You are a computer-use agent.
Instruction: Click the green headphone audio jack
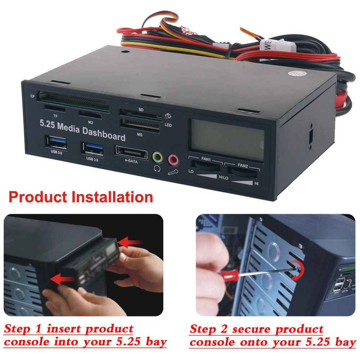pyautogui.click(x=158, y=157)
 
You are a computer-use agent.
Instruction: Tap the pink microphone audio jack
pyautogui.click(x=173, y=160)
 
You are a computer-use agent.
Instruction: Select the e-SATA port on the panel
pyautogui.click(x=131, y=152)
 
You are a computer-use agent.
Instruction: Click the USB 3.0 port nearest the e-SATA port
pyautogui.click(x=93, y=149)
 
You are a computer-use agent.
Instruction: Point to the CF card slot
pyautogui.click(x=73, y=101)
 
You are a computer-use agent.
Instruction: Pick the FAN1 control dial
pyautogui.click(x=206, y=166)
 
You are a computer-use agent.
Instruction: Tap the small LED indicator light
pyautogui.click(x=168, y=116)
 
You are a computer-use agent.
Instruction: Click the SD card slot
pyautogui.click(x=140, y=114)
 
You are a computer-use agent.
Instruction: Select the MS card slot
pyautogui.click(x=140, y=126)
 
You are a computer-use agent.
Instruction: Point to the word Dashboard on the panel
pyautogui.click(x=104, y=134)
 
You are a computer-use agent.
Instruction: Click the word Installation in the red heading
pyautogui.click(x=112, y=197)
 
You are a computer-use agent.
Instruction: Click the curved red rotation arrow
pyautogui.click(x=299, y=270)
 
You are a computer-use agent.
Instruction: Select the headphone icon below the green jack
pyautogui.click(x=157, y=169)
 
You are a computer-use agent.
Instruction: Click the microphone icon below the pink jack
pyautogui.click(x=173, y=172)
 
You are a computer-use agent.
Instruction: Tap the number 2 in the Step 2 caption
pyautogui.click(x=224, y=329)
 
